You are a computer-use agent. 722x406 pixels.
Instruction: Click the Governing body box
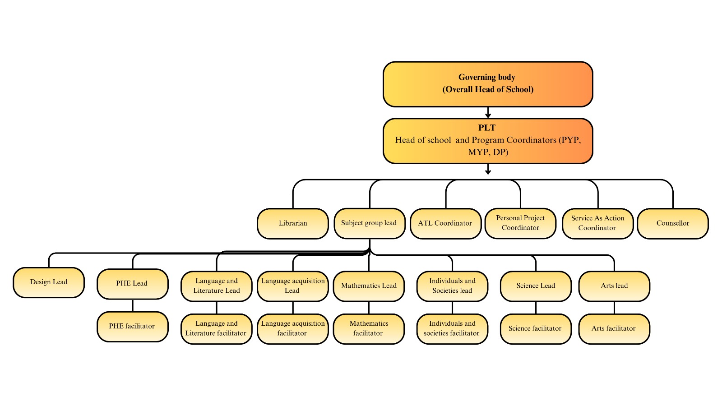[487, 84]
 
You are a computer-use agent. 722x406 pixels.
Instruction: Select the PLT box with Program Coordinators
[487, 140]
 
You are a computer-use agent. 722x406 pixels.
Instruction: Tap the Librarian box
[292, 223]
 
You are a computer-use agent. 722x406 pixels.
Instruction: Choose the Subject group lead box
[369, 223]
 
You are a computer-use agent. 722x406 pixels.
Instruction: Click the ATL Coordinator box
[445, 223]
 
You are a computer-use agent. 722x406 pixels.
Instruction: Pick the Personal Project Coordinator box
[520, 223]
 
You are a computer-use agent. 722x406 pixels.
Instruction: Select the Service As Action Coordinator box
[597, 223]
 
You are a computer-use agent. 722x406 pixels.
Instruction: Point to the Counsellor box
[672, 223]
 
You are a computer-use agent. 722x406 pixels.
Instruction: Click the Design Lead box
[49, 282]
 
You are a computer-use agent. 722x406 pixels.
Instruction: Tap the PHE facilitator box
[132, 326]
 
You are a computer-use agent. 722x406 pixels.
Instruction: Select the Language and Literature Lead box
[216, 286]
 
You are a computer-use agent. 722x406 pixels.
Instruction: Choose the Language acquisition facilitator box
[292, 328]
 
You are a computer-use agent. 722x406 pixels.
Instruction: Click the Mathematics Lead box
[369, 286]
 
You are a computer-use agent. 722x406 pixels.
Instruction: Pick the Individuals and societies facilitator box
[452, 328]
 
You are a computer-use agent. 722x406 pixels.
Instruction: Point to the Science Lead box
[536, 286]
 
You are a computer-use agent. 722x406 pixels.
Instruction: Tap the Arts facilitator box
[614, 328]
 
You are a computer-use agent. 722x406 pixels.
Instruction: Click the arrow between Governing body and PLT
[488, 112]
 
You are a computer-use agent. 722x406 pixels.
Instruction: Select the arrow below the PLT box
[488, 169]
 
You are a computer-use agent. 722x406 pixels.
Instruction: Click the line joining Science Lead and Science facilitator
[536, 307]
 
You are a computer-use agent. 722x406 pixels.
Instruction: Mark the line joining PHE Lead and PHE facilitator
[133, 305]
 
